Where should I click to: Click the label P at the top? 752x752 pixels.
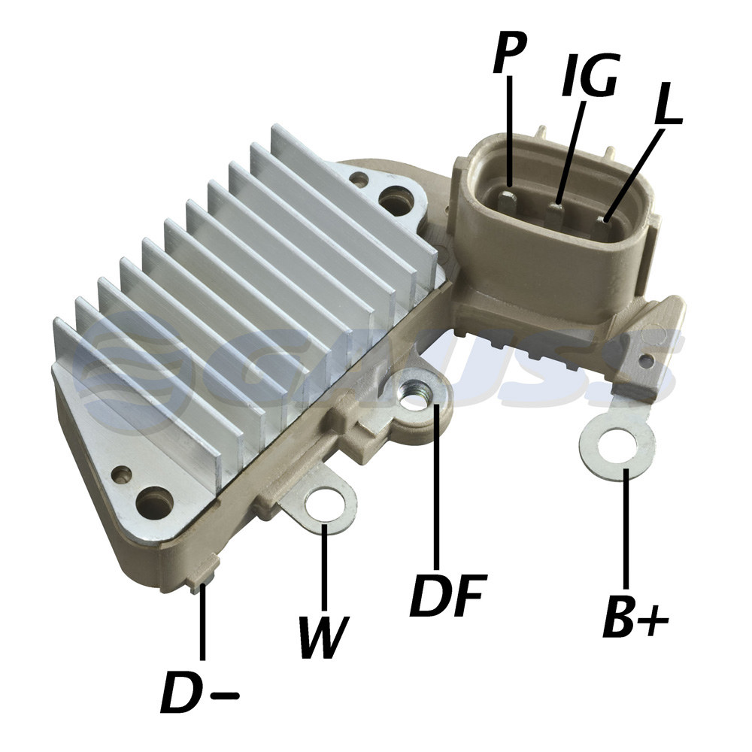click(510, 53)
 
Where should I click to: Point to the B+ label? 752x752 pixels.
click(635, 617)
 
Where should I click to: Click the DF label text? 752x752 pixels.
click(448, 595)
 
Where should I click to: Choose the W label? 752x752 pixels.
click(323, 636)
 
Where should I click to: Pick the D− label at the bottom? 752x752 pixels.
click(200, 691)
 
